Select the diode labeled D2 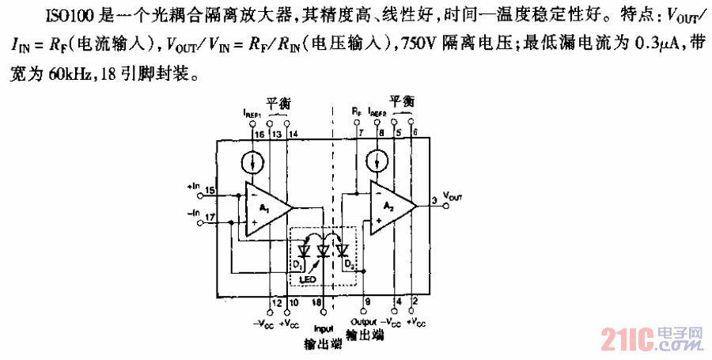click(x=343, y=252)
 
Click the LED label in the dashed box click(x=309, y=279)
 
